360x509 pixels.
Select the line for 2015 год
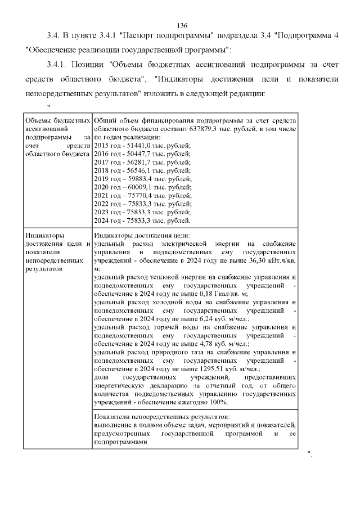coord(142,145)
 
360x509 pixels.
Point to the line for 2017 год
coord(142,162)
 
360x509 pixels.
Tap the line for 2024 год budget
coord(142,221)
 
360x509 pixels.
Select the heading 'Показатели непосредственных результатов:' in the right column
coord(162,417)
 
